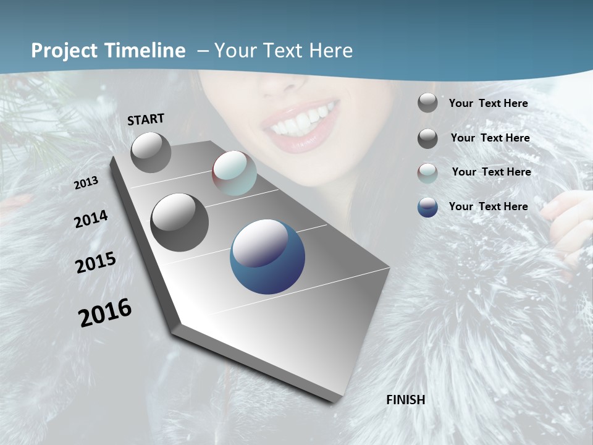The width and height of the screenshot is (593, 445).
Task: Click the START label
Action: click(146, 119)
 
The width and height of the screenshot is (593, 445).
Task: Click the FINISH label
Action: click(405, 400)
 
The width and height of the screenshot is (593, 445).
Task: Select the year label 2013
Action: click(86, 183)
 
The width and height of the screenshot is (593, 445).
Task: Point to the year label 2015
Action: click(96, 263)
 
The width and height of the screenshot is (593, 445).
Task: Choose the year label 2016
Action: click(105, 313)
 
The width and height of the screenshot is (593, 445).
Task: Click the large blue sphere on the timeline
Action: click(267, 256)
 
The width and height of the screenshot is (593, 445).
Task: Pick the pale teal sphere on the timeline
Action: click(234, 173)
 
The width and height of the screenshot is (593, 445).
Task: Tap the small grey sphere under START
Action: click(151, 152)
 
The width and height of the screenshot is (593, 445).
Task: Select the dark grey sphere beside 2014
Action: click(179, 222)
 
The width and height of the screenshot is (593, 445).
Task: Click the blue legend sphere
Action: click(427, 207)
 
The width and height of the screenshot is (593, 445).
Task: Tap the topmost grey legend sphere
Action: click(427, 103)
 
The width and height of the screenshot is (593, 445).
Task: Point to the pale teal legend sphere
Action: click(427, 173)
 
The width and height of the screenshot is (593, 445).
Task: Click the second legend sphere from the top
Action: click(427, 138)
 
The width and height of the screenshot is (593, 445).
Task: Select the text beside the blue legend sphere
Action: click(488, 206)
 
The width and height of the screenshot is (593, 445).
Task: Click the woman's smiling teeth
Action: click(301, 119)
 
